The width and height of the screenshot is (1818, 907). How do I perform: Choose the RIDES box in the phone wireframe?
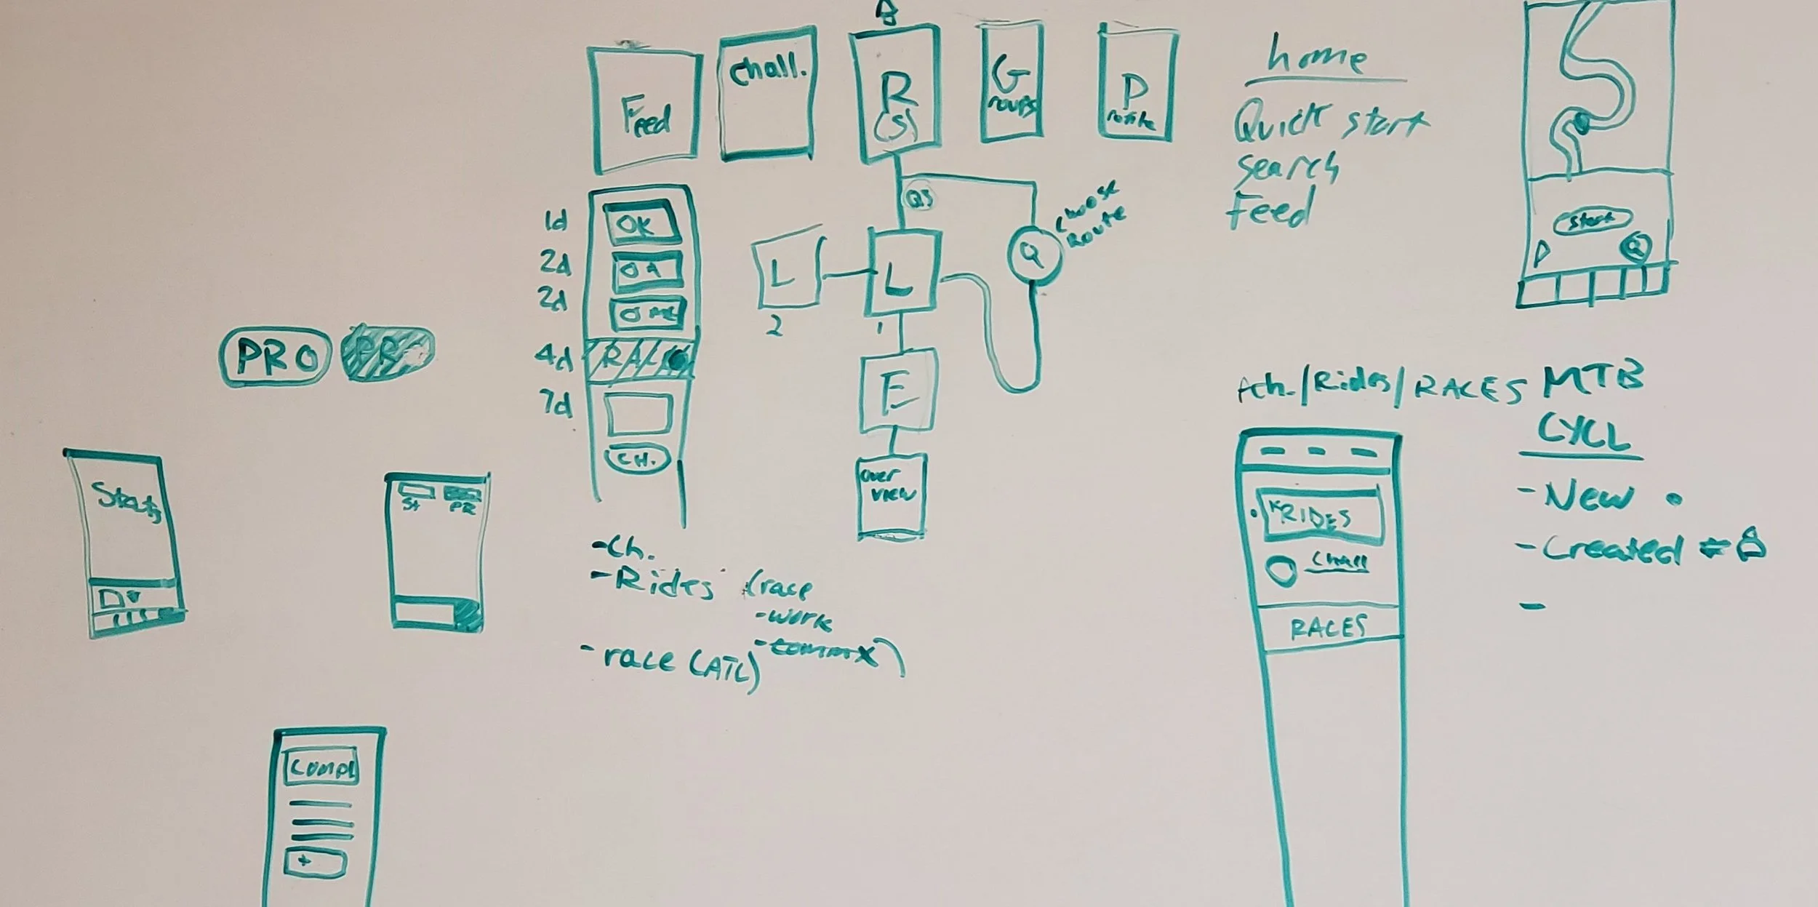[1320, 516]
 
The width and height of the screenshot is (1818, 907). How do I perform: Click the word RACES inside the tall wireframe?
[1329, 626]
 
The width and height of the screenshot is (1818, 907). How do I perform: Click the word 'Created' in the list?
[1611, 550]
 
